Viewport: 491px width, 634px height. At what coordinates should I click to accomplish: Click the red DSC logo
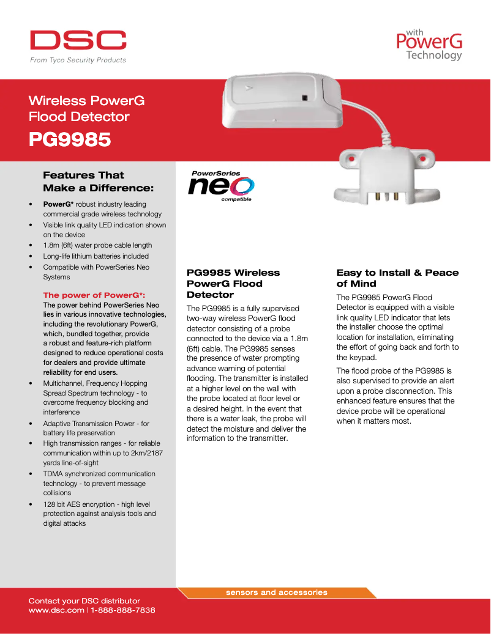(78, 40)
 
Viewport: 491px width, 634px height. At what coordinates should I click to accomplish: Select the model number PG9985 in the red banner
(70, 140)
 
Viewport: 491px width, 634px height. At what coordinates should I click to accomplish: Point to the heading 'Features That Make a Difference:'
(98, 181)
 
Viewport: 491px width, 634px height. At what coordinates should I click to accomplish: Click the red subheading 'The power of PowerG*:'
(94, 295)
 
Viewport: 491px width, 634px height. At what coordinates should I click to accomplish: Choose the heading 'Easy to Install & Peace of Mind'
(397, 278)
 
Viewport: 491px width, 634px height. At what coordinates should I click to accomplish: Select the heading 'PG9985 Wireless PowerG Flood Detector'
(233, 283)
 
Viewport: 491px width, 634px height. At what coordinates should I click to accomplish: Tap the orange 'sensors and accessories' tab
(277, 592)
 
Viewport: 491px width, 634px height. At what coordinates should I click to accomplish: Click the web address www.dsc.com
(56, 610)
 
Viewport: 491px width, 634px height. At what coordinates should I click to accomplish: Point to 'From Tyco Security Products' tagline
(78, 60)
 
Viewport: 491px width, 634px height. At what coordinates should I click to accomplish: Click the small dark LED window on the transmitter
(304, 97)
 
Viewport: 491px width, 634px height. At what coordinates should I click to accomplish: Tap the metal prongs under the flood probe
(386, 196)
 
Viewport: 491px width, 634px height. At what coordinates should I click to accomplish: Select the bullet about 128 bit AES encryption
(99, 514)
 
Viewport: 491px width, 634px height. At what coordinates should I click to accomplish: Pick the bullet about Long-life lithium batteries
(96, 256)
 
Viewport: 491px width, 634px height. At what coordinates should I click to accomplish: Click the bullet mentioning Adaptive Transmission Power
(96, 428)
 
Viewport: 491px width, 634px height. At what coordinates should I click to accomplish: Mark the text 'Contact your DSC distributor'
(84, 601)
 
